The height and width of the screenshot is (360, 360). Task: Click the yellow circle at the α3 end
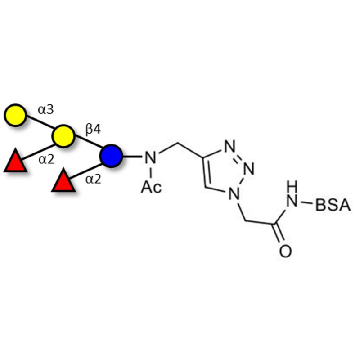pyautogui.click(x=15, y=115)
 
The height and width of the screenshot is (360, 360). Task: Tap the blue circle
pyautogui.click(x=111, y=156)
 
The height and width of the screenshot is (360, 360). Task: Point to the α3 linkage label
pyautogui.click(x=45, y=109)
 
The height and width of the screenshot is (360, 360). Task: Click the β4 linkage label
pyautogui.click(x=94, y=130)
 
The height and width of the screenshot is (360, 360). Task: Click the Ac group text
pyautogui.click(x=151, y=186)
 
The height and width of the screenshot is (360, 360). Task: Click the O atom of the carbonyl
pyautogui.click(x=285, y=250)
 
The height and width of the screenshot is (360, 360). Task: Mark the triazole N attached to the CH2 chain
pyautogui.click(x=233, y=193)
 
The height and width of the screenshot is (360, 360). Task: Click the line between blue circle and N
pyautogui.click(x=132, y=157)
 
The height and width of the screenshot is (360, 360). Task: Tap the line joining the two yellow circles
pyautogui.click(x=39, y=126)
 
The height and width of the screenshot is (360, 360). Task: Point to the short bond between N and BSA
pyautogui.click(x=306, y=205)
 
